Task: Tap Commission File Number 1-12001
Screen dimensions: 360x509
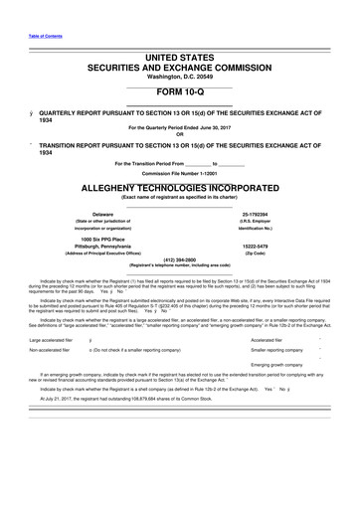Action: pyautogui.click(x=179, y=173)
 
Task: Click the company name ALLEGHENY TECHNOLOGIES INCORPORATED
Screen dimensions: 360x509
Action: pyautogui.click(x=179, y=187)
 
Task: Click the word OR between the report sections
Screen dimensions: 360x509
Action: pyautogui.click(x=179, y=135)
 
